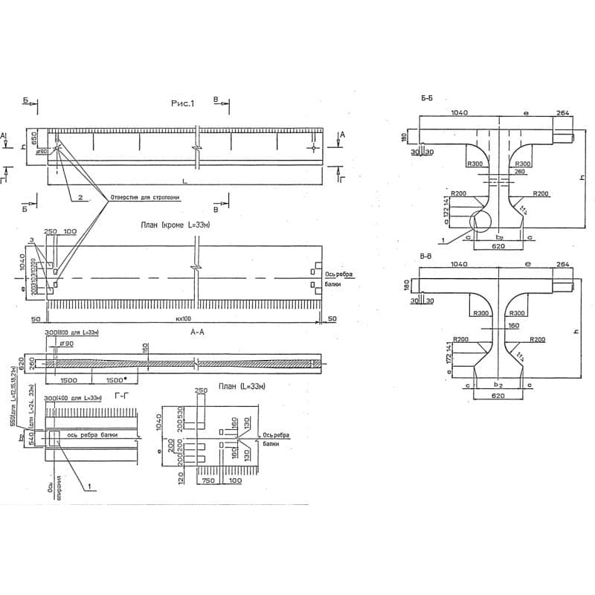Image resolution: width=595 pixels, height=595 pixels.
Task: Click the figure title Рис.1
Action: tap(182, 105)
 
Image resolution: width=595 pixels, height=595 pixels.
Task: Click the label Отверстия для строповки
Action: tap(144, 198)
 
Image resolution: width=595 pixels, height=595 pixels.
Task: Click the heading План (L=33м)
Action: tap(242, 387)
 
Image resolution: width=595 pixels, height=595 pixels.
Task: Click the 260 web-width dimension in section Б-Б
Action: tap(519, 172)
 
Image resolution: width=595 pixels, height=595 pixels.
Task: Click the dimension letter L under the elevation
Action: tap(184, 181)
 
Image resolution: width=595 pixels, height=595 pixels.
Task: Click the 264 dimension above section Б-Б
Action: tap(562, 112)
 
